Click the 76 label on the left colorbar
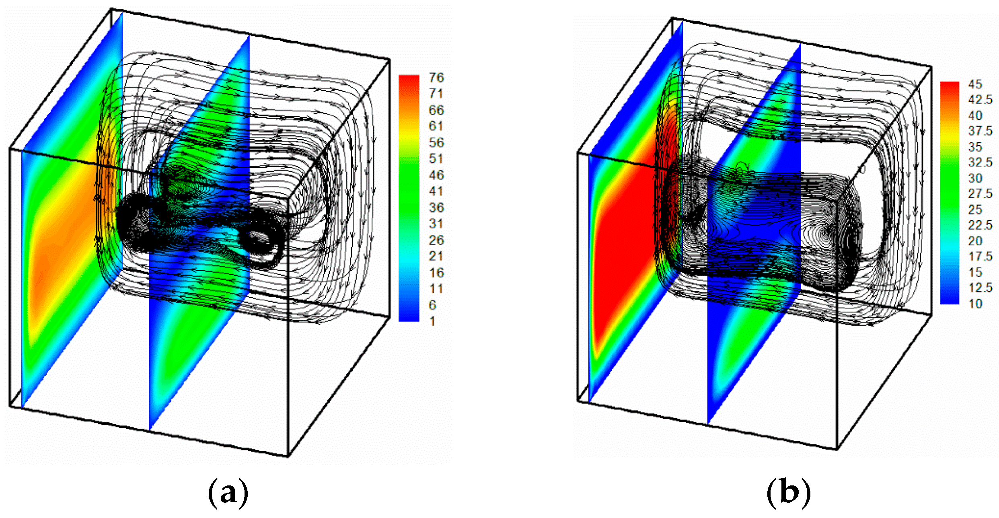436,78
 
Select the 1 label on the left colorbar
432,321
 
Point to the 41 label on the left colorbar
436,191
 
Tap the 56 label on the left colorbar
436,143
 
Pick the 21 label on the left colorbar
436,256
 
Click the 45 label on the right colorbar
975,84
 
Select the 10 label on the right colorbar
975,304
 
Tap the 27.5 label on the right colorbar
980,194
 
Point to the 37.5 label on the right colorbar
980,131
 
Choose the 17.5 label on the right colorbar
980,257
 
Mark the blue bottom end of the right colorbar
949,300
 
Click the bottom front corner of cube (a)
288,456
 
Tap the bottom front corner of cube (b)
837,449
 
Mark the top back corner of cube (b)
672,18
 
